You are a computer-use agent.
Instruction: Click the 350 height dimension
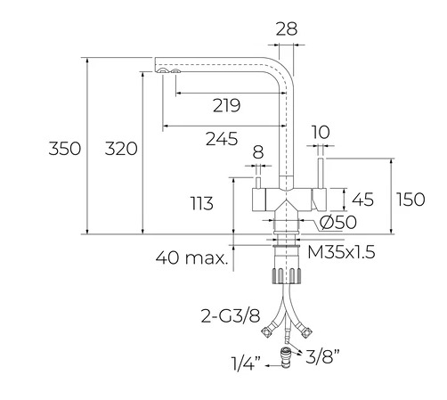[64, 148]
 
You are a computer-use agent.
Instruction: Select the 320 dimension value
[121, 149]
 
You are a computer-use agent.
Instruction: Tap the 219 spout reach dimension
[226, 105]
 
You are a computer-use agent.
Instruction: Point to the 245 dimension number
[222, 138]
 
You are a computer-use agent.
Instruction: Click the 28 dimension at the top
[287, 29]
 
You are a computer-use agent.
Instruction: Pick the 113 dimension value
[202, 203]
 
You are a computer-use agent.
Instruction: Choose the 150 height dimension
[411, 199]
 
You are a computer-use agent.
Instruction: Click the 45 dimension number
[362, 200]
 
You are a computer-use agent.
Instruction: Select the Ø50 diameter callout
[338, 222]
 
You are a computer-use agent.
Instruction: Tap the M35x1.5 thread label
[341, 252]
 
